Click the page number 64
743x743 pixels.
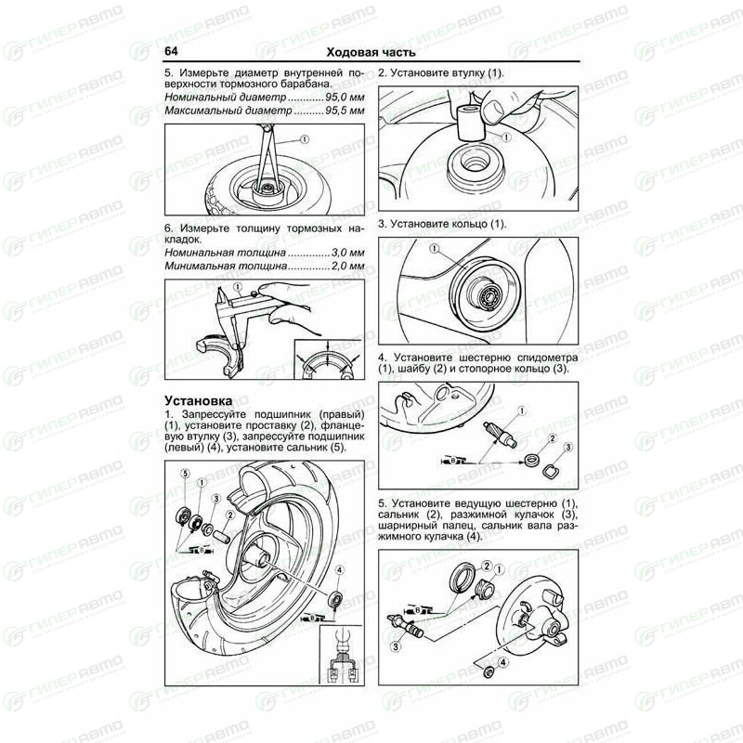click(171, 51)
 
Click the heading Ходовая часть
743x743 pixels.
click(371, 52)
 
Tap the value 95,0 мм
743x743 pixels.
click(345, 98)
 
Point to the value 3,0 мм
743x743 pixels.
click(348, 253)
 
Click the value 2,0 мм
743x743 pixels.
click(348, 266)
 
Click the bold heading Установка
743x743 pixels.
click(199, 401)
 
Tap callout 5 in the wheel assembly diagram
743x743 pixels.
click(185, 474)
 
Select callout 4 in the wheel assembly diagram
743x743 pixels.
click(340, 570)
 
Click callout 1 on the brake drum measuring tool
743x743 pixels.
click(305, 139)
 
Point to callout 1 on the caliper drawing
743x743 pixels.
click(238, 287)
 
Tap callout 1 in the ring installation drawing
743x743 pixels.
click(435, 249)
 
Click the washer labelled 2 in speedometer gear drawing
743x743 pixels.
click(532, 460)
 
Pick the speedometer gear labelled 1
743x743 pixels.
click(497, 435)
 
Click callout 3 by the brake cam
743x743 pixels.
click(396, 645)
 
